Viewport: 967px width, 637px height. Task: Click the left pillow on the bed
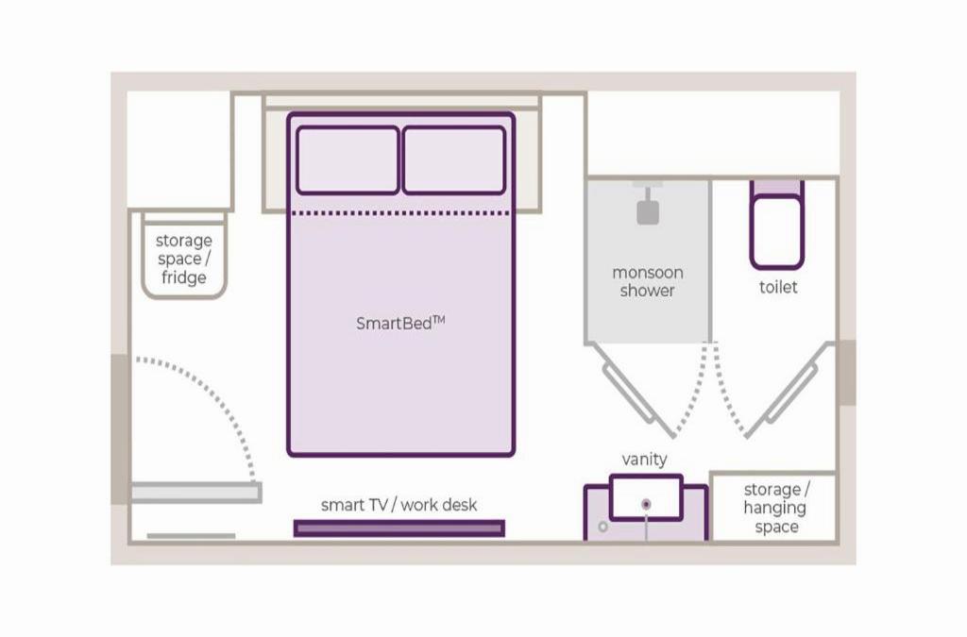tap(348, 160)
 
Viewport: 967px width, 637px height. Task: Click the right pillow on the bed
tap(454, 160)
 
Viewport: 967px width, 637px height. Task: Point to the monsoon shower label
tap(647, 281)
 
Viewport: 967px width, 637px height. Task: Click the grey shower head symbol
tap(648, 211)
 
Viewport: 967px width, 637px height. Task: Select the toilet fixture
tap(776, 226)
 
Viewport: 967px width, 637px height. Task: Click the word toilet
tap(778, 287)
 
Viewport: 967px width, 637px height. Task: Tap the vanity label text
tap(645, 460)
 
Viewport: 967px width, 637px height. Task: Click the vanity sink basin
tap(646, 497)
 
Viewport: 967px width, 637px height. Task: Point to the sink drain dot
tap(646, 505)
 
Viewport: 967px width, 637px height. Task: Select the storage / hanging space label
tap(776, 508)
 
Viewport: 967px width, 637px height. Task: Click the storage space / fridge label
tap(183, 260)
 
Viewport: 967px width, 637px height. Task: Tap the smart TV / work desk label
tap(399, 505)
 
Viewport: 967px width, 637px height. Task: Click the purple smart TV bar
tap(399, 528)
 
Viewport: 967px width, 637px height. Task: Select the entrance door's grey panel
tap(195, 492)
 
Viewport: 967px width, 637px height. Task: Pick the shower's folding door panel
tap(640, 401)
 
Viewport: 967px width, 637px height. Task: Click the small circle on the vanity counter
tap(603, 527)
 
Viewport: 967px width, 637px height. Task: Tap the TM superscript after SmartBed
tap(439, 319)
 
